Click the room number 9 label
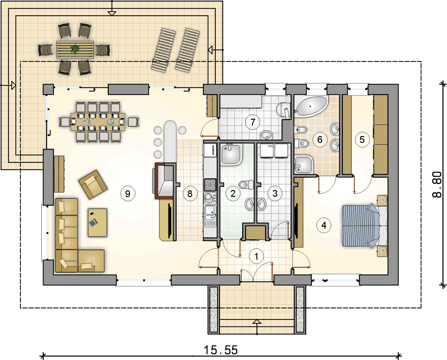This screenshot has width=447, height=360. click(x=128, y=194)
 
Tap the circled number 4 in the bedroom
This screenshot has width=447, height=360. click(x=323, y=225)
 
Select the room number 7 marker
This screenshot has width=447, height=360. click(x=253, y=122)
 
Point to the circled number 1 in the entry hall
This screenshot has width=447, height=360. click(x=256, y=256)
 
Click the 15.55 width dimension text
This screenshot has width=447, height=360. click(x=221, y=350)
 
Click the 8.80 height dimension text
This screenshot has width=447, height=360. click(x=437, y=185)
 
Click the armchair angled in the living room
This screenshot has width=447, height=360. click(x=93, y=185)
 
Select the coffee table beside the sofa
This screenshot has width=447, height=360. click(x=97, y=223)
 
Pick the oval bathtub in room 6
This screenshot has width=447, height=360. click(x=312, y=106)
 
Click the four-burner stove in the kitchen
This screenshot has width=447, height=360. click(x=210, y=185)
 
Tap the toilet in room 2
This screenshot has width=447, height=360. click(x=246, y=185)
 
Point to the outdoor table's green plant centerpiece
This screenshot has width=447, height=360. click(x=75, y=49)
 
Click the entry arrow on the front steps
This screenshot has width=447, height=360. click(x=257, y=327)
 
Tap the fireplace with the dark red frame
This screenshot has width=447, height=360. click(x=164, y=181)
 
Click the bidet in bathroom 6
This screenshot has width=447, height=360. click(x=301, y=130)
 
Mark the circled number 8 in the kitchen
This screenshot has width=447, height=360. click(x=190, y=194)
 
